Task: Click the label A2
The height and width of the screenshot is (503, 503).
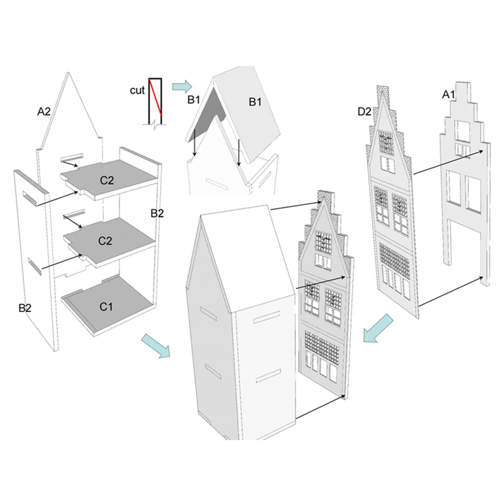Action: click(x=44, y=112)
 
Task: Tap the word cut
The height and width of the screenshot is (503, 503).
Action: click(x=137, y=91)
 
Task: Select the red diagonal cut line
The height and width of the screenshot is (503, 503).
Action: click(x=155, y=97)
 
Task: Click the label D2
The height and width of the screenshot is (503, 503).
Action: click(x=365, y=112)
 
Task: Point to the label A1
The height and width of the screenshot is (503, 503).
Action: click(x=449, y=94)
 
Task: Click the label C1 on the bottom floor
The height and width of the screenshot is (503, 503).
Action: click(x=106, y=307)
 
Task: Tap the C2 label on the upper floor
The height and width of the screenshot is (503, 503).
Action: click(x=107, y=180)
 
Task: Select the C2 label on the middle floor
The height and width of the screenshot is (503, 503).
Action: click(x=105, y=241)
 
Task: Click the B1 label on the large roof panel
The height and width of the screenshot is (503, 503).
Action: click(x=255, y=102)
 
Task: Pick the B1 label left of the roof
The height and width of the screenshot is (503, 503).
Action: click(x=194, y=100)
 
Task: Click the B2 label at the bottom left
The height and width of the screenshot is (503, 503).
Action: click(x=25, y=308)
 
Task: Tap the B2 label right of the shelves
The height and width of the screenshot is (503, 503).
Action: click(x=157, y=213)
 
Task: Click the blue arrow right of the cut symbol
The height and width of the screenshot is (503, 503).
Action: click(x=182, y=87)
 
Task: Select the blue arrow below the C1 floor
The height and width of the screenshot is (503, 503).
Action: click(x=156, y=346)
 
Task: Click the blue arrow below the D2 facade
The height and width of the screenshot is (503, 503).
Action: click(x=378, y=328)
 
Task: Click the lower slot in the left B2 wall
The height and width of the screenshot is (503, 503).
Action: click(x=35, y=266)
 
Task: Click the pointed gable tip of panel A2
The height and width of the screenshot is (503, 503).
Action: click(x=68, y=73)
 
